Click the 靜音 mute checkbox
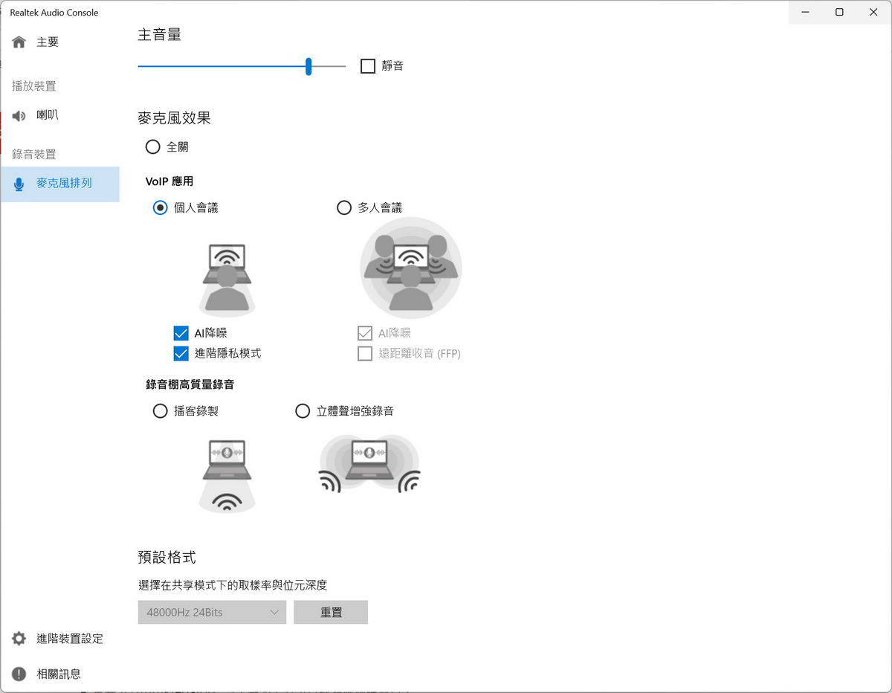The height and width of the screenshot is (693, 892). [x=367, y=65]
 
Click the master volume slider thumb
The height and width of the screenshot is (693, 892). [x=308, y=66]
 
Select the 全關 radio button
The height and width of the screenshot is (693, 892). [x=152, y=146]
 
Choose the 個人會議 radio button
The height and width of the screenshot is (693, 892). [x=160, y=207]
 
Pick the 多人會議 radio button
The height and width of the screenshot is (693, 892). [x=344, y=207]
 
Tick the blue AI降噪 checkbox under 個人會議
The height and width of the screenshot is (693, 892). [x=181, y=333]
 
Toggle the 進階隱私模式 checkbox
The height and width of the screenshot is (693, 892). [x=181, y=353]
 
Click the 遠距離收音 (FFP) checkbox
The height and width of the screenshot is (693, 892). [x=365, y=353]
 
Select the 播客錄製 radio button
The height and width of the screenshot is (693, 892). [x=160, y=410]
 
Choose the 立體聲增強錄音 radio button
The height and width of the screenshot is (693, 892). [x=303, y=410]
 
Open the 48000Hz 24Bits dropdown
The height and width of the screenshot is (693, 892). [x=212, y=612]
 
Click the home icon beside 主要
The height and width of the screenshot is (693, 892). [x=19, y=42]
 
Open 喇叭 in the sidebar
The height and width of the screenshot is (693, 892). [x=48, y=115]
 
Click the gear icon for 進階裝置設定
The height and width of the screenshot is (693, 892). [x=19, y=639]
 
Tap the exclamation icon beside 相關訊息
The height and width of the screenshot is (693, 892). [x=19, y=674]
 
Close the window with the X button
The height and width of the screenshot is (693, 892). [x=873, y=12]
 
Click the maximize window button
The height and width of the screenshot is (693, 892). [x=839, y=12]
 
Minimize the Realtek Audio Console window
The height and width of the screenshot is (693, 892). [x=805, y=12]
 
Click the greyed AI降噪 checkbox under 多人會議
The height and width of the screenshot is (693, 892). [x=365, y=333]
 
